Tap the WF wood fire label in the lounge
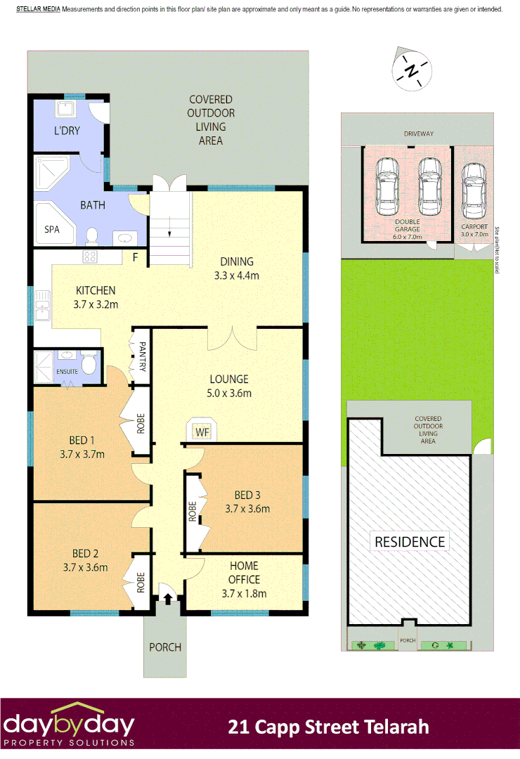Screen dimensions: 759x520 pyautogui.click(x=203, y=431)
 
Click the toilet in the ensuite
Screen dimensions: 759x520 pyautogui.click(x=89, y=364)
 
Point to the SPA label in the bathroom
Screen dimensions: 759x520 pyautogui.click(x=52, y=230)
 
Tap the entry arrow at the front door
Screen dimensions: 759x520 pyautogui.click(x=168, y=599)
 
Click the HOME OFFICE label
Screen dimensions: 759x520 pyautogui.click(x=243, y=573)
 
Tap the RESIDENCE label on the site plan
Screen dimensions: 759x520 pyautogui.click(x=410, y=542)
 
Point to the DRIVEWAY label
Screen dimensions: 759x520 pyautogui.click(x=419, y=134)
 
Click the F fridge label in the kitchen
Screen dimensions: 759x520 pyautogui.click(x=135, y=258)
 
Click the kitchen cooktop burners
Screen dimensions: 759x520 pyautogui.click(x=91, y=256)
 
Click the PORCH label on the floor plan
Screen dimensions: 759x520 pyautogui.click(x=165, y=647)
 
